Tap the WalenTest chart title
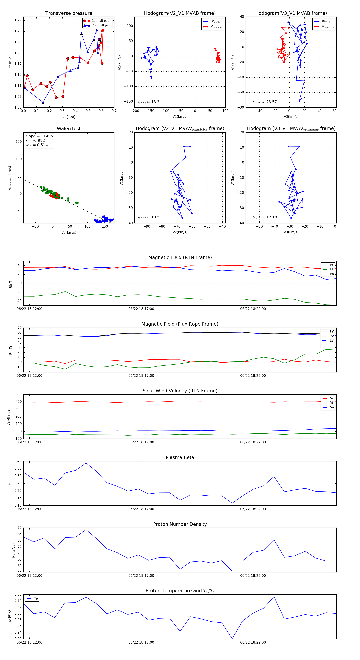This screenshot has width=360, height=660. pyautogui.click(x=69, y=129)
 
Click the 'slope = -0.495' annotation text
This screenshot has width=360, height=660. pyautogui.click(x=39, y=136)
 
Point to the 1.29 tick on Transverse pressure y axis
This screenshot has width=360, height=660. pyautogui.click(x=18, y=20)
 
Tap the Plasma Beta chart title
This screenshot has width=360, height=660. pyautogui.click(x=180, y=458)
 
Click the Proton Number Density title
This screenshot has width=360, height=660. pyautogui.click(x=180, y=524)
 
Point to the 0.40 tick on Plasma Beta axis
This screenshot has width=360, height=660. pyautogui.click(x=18, y=461)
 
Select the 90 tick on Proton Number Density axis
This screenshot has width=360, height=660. pyautogui.click(x=19, y=528)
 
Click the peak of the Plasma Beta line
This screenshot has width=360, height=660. pyautogui.click(x=86, y=463)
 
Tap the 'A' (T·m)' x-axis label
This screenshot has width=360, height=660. pyautogui.click(x=69, y=117)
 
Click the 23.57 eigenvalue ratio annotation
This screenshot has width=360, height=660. pyautogui.click(x=265, y=102)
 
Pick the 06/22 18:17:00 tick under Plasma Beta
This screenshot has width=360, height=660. pyautogui.click(x=141, y=509)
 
